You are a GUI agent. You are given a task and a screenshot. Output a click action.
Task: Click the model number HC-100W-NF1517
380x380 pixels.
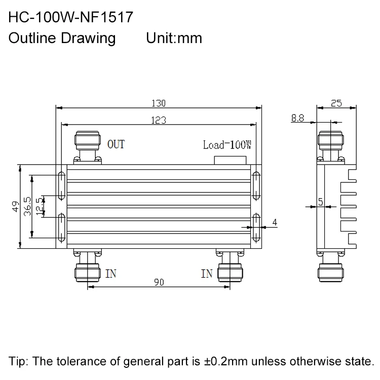point(71,18)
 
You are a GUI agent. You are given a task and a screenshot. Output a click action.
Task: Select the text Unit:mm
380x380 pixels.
point(174,39)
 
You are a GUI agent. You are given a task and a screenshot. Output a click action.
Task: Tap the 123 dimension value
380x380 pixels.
point(159,120)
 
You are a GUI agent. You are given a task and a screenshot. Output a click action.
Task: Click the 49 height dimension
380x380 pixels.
point(15,207)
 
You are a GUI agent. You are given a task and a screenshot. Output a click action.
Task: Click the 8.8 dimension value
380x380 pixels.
point(297,118)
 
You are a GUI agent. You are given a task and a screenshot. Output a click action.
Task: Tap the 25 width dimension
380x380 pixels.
point(336,103)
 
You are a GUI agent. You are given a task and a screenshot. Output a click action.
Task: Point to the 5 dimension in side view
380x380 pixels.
point(320,202)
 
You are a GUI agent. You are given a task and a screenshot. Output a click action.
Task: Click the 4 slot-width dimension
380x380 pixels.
point(274,222)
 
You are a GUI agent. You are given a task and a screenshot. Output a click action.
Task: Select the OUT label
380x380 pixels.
point(116,145)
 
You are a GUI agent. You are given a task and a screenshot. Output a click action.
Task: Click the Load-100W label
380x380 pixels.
point(227,145)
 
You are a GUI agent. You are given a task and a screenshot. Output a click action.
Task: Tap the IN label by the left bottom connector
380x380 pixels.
point(111,274)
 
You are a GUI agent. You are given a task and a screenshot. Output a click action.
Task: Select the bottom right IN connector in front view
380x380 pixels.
point(232,268)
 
